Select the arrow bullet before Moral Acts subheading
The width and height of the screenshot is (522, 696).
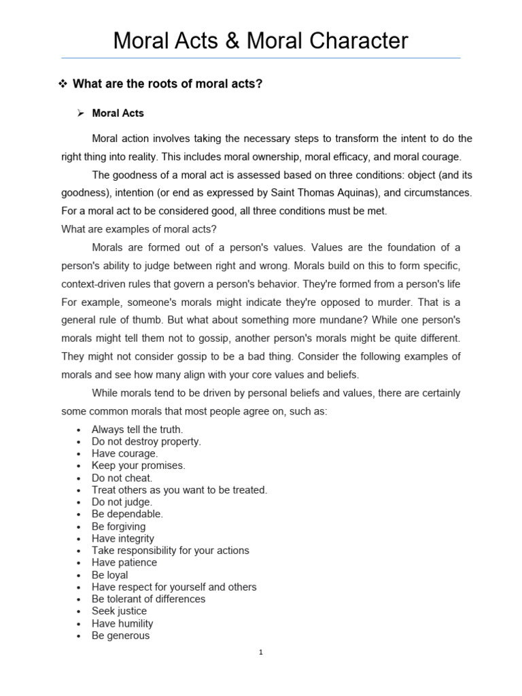pos(80,114)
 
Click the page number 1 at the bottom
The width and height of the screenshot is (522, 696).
pos(261,653)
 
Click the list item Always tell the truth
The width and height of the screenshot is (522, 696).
pos(137,429)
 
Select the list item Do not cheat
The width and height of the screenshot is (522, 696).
pos(122,478)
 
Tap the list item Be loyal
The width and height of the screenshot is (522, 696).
pos(109,575)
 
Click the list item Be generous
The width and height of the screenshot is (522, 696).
pos(120,636)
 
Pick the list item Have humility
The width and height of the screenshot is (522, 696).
pos(122,623)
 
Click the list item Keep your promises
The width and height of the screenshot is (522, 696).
pos(138,466)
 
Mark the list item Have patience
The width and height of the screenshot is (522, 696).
pos(124,563)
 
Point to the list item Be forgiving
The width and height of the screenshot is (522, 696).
pos(118,526)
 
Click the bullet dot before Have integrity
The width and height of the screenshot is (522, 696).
pos(80,539)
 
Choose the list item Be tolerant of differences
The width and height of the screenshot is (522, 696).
pos(148,599)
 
